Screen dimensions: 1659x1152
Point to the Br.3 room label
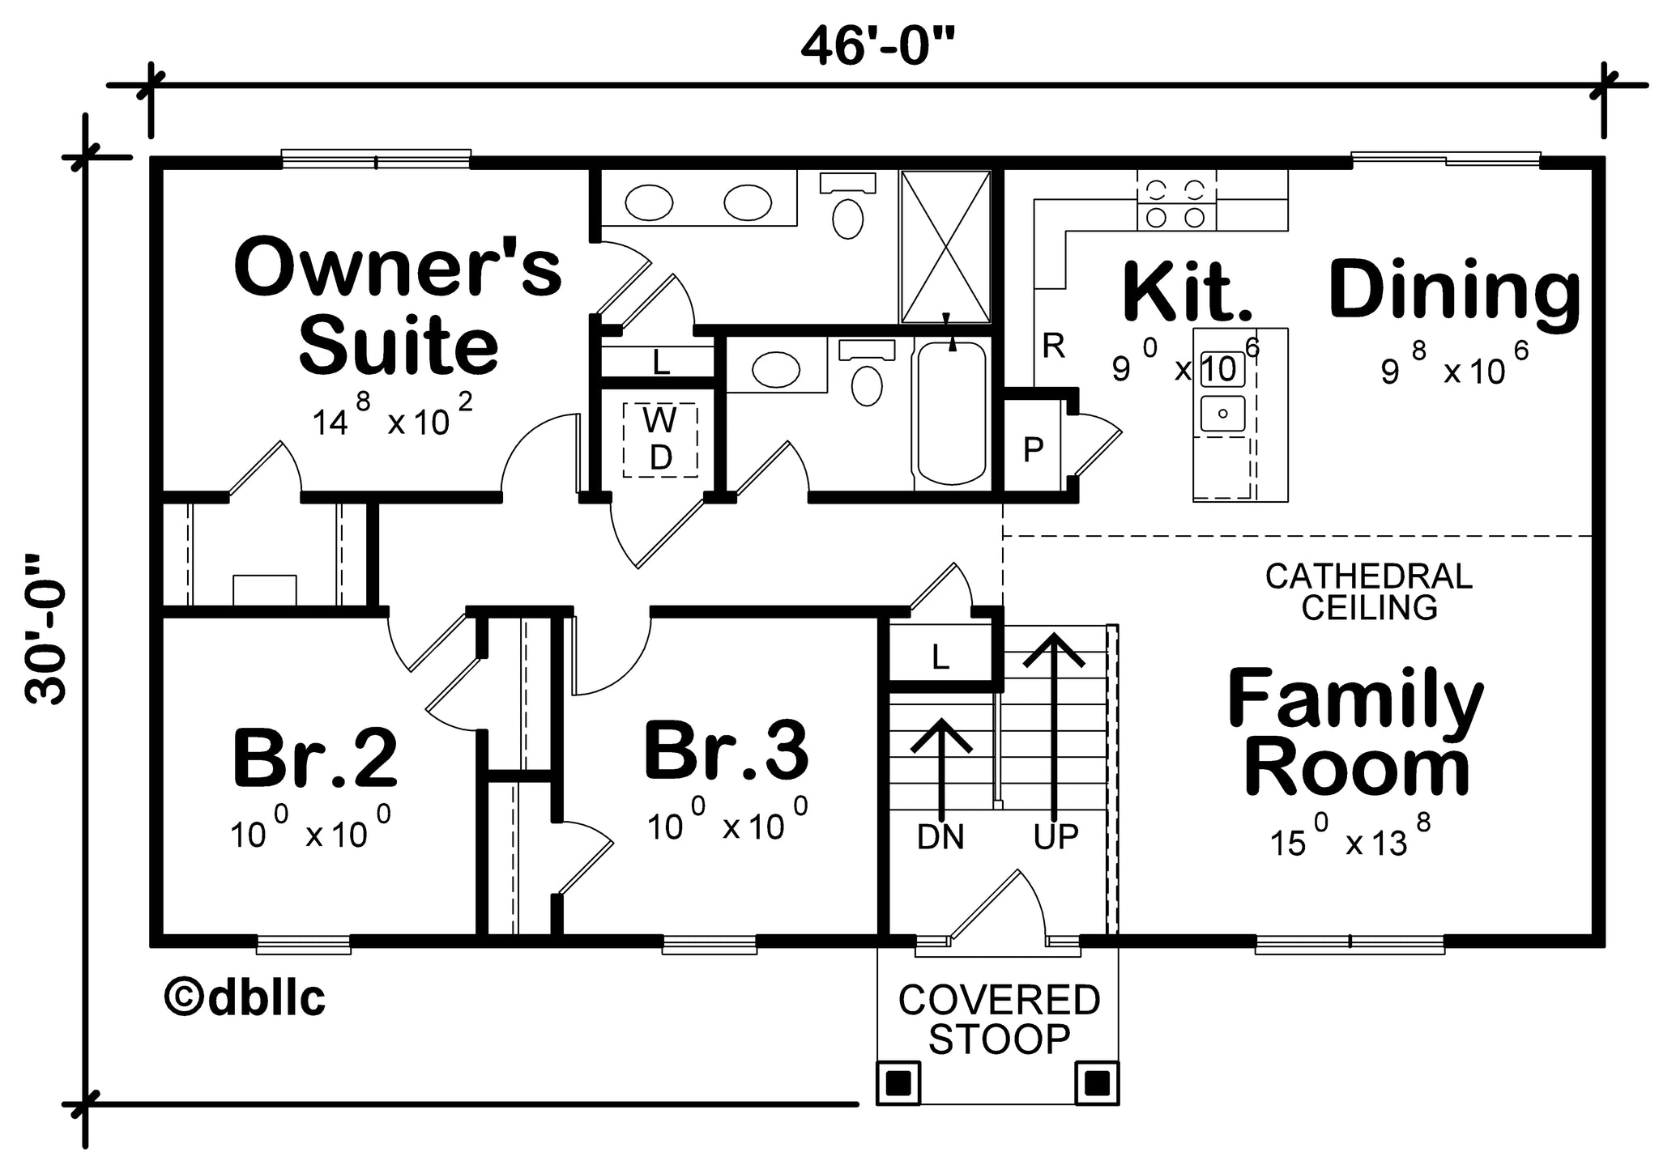(x=726, y=750)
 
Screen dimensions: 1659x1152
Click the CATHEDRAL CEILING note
(x=1369, y=592)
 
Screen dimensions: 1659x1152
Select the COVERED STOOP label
(x=999, y=1019)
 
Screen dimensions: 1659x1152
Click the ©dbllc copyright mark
(x=245, y=997)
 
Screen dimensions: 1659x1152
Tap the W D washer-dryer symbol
(x=660, y=439)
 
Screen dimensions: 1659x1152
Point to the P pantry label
(x=1033, y=449)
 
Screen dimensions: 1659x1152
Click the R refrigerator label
(x=1053, y=346)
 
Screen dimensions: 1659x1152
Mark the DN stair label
(x=940, y=837)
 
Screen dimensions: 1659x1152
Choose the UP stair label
(x=1056, y=836)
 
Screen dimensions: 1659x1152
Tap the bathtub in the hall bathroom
(x=952, y=411)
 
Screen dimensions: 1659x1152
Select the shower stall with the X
(x=945, y=246)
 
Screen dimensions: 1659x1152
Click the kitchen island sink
(x=1222, y=414)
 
